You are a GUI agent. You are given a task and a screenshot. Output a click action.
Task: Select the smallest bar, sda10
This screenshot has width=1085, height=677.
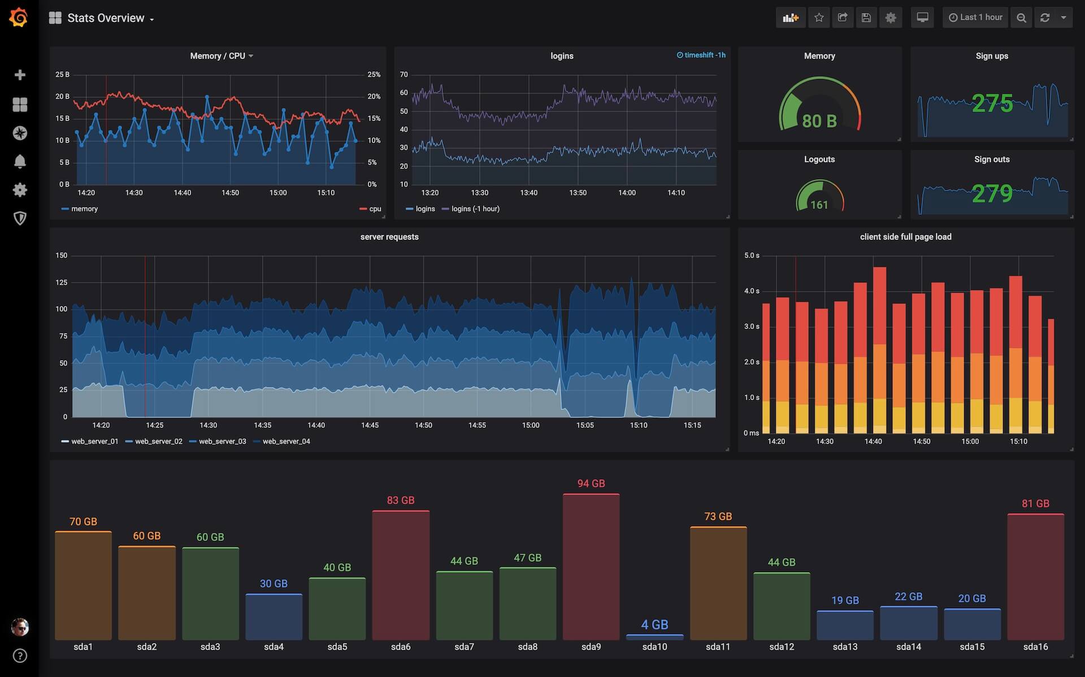(x=654, y=637)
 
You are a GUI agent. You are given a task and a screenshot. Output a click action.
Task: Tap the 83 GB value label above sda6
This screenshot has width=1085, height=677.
(x=401, y=500)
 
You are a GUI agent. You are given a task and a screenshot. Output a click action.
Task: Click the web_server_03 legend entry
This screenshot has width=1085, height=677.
(x=222, y=441)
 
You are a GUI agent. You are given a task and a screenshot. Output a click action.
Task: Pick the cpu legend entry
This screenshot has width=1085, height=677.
(x=375, y=209)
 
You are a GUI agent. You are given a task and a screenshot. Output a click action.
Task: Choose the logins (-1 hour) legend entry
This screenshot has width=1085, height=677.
(x=475, y=209)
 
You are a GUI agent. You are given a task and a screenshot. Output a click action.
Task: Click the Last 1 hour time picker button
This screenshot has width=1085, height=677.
(x=975, y=18)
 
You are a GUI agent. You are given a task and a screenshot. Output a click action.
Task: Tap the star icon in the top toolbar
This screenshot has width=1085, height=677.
(x=819, y=18)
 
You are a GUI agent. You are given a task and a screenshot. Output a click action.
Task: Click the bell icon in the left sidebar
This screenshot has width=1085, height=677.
(x=20, y=162)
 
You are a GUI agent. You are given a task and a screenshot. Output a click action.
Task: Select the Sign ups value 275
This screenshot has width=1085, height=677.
(x=992, y=103)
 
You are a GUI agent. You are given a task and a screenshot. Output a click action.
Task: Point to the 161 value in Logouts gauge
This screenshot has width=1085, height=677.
(x=819, y=205)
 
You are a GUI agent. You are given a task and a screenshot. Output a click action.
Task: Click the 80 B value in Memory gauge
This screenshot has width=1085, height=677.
(x=819, y=121)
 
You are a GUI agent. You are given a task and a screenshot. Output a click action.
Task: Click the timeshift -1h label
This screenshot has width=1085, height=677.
(x=701, y=55)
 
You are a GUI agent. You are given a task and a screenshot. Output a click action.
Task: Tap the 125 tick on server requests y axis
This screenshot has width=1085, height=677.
(x=62, y=283)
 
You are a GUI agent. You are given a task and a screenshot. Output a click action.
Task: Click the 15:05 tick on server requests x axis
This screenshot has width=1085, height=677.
(x=585, y=425)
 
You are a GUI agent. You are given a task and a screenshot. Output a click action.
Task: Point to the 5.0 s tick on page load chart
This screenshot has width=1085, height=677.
(x=752, y=255)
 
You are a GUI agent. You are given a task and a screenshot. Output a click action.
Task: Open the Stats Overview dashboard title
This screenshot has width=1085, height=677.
(x=105, y=18)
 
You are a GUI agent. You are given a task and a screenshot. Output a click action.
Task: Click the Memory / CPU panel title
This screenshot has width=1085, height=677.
(x=218, y=56)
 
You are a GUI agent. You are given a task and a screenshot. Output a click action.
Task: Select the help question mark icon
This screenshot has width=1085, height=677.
(x=20, y=656)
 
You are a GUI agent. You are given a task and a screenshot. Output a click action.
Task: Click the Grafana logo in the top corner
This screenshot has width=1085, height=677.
(x=19, y=17)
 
